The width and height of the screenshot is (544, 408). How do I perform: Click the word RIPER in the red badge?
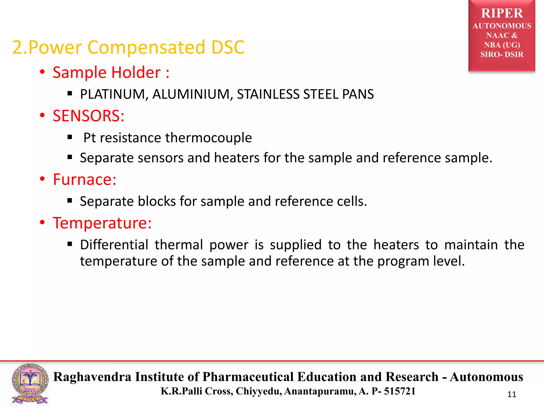tap(502, 13)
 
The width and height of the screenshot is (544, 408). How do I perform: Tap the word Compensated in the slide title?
tap(146, 47)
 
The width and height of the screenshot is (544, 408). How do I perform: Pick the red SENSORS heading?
tap(88, 116)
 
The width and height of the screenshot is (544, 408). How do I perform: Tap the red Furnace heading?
tap(84, 180)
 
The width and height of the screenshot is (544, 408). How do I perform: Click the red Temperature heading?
tap(102, 223)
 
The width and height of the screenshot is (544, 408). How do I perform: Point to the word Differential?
tap(114, 245)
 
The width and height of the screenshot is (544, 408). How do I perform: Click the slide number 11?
tap(512, 394)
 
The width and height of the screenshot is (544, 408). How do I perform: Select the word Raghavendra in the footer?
tap(92, 377)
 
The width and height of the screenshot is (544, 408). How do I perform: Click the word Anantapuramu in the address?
tap(320, 391)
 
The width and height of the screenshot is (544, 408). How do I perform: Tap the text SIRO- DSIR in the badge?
tap(502, 54)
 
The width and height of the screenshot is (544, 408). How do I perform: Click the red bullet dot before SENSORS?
tap(42, 115)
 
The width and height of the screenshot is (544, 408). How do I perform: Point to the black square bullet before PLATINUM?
tap(70, 93)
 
